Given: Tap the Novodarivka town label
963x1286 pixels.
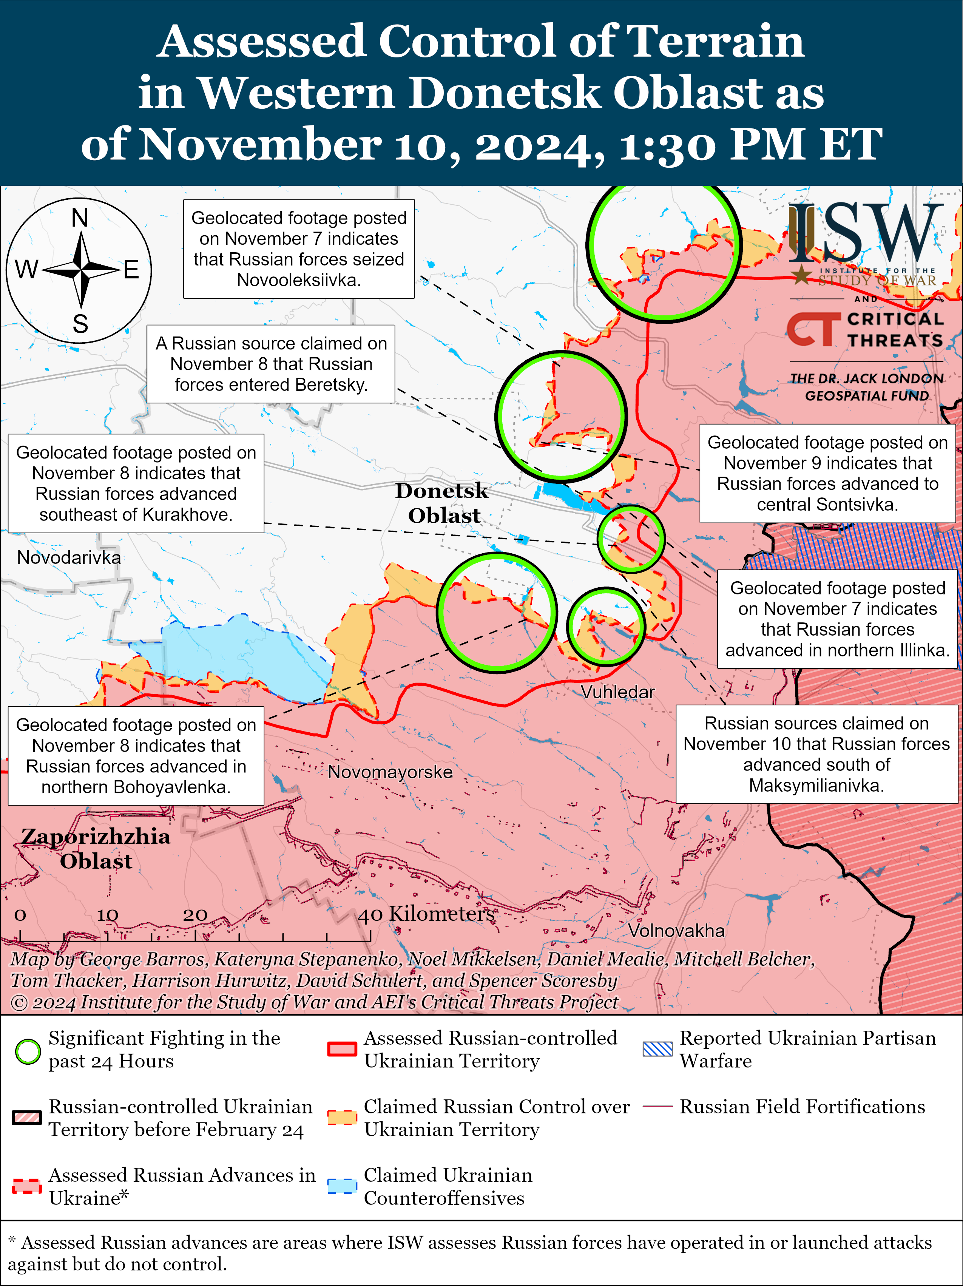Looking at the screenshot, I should (69, 557).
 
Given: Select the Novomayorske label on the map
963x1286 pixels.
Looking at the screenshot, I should (390, 772).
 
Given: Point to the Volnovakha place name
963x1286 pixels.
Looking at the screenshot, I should (676, 930).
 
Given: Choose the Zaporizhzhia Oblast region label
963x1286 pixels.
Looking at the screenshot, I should (96, 848).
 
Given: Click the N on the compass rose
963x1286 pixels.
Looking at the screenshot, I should (80, 218).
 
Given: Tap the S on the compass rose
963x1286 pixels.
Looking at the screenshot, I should (80, 324).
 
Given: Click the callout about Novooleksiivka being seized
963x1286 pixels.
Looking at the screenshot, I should (299, 249).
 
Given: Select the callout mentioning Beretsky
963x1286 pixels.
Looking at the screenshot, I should (271, 364).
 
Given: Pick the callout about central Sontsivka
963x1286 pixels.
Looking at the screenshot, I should (827, 473).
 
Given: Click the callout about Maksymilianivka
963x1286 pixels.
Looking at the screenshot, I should (816, 754).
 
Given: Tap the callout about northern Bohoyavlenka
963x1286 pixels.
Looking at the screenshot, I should (136, 755).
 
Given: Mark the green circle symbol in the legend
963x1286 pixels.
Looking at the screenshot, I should (27, 1051).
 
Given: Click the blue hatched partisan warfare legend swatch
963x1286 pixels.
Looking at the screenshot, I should (657, 1049).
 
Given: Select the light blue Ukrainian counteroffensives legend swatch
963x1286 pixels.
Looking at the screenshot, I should (342, 1186).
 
